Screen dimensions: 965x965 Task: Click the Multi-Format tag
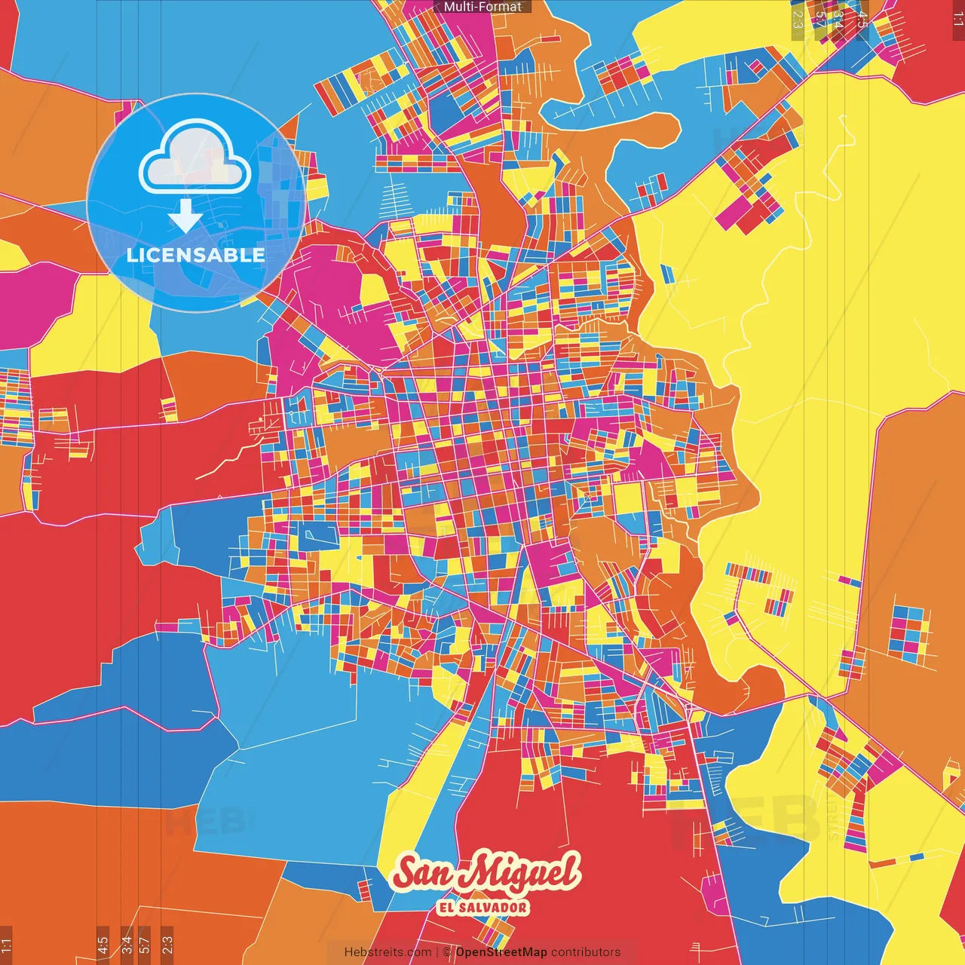pos(482,7)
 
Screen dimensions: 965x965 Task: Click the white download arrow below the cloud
pos(185,216)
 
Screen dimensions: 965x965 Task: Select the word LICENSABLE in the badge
pos(195,255)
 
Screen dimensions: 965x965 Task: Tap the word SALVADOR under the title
pos(493,908)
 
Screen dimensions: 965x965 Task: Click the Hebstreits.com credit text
pos(388,952)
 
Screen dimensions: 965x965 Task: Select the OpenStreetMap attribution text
pos(501,952)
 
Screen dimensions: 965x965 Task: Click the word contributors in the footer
pos(586,952)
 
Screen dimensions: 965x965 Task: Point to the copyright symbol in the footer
pos(446,952)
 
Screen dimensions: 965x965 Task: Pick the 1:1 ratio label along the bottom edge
pos(6,945)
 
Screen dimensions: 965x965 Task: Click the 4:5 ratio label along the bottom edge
pos(103,945)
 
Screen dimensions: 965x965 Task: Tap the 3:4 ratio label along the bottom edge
pos(127,945)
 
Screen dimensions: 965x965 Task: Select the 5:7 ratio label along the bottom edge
pos(145,945)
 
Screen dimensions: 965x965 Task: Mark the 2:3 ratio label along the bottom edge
pos(167,945)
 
